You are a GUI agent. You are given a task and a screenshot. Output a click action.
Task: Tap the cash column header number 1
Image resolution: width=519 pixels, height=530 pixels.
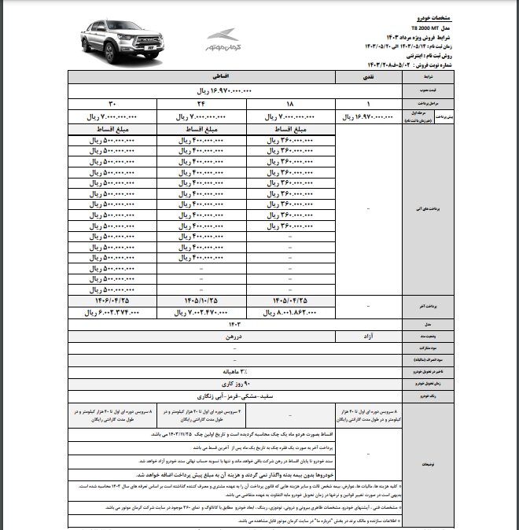tap(369, 104)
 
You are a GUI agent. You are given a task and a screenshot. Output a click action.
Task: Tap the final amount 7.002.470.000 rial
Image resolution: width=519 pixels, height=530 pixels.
tap(197, 312)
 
